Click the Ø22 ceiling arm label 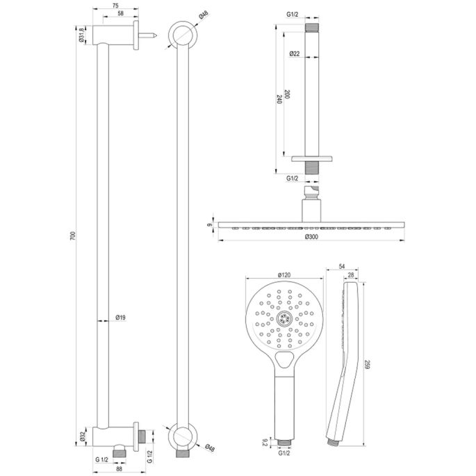[x=295, y=54]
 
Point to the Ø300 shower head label [x=312, y=237]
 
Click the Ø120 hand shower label [x=283, y=274]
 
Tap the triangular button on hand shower [x=284, y=359]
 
